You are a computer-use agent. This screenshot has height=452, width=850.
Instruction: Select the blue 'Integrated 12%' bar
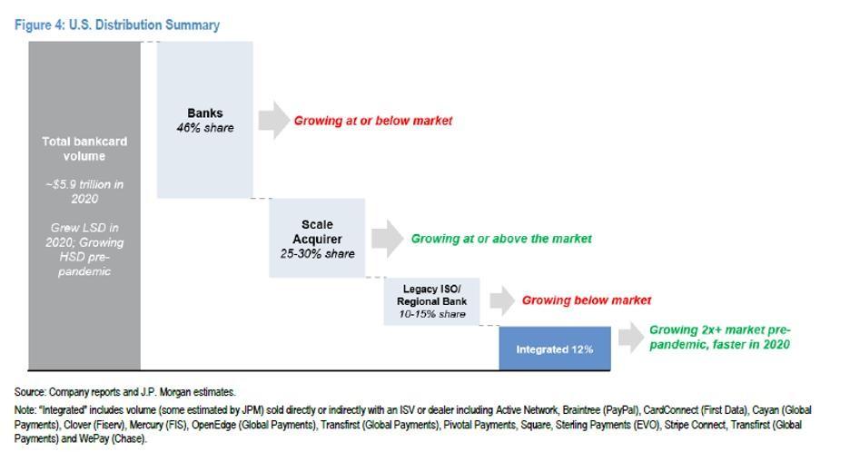555,349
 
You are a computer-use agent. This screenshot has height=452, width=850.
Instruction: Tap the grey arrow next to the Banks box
273,120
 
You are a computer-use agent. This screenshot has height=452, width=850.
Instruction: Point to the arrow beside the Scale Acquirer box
387,238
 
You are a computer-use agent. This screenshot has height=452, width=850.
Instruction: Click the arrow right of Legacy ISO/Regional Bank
501,300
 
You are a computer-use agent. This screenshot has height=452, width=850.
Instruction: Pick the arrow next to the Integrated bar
629,338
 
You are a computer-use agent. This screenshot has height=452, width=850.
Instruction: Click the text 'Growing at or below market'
372,120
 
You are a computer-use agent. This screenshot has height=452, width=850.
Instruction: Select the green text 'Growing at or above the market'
501,238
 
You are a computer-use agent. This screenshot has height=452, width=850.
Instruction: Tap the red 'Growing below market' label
586,300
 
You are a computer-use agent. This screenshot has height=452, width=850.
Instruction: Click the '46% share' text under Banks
205,128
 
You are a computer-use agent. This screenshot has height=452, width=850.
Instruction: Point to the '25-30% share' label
317,254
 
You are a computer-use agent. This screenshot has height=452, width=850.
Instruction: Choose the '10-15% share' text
431,314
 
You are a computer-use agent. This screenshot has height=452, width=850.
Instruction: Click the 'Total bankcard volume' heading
84,149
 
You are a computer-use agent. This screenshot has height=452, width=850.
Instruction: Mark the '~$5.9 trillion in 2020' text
84,192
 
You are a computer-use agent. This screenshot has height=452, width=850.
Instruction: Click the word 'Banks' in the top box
205,113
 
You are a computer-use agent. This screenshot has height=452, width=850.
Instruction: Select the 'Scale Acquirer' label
317,231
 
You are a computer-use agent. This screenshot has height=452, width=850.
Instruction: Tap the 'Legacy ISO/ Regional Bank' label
431,294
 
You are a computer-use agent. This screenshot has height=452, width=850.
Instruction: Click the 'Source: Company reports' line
125,392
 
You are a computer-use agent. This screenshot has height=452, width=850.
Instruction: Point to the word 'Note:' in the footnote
26,410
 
